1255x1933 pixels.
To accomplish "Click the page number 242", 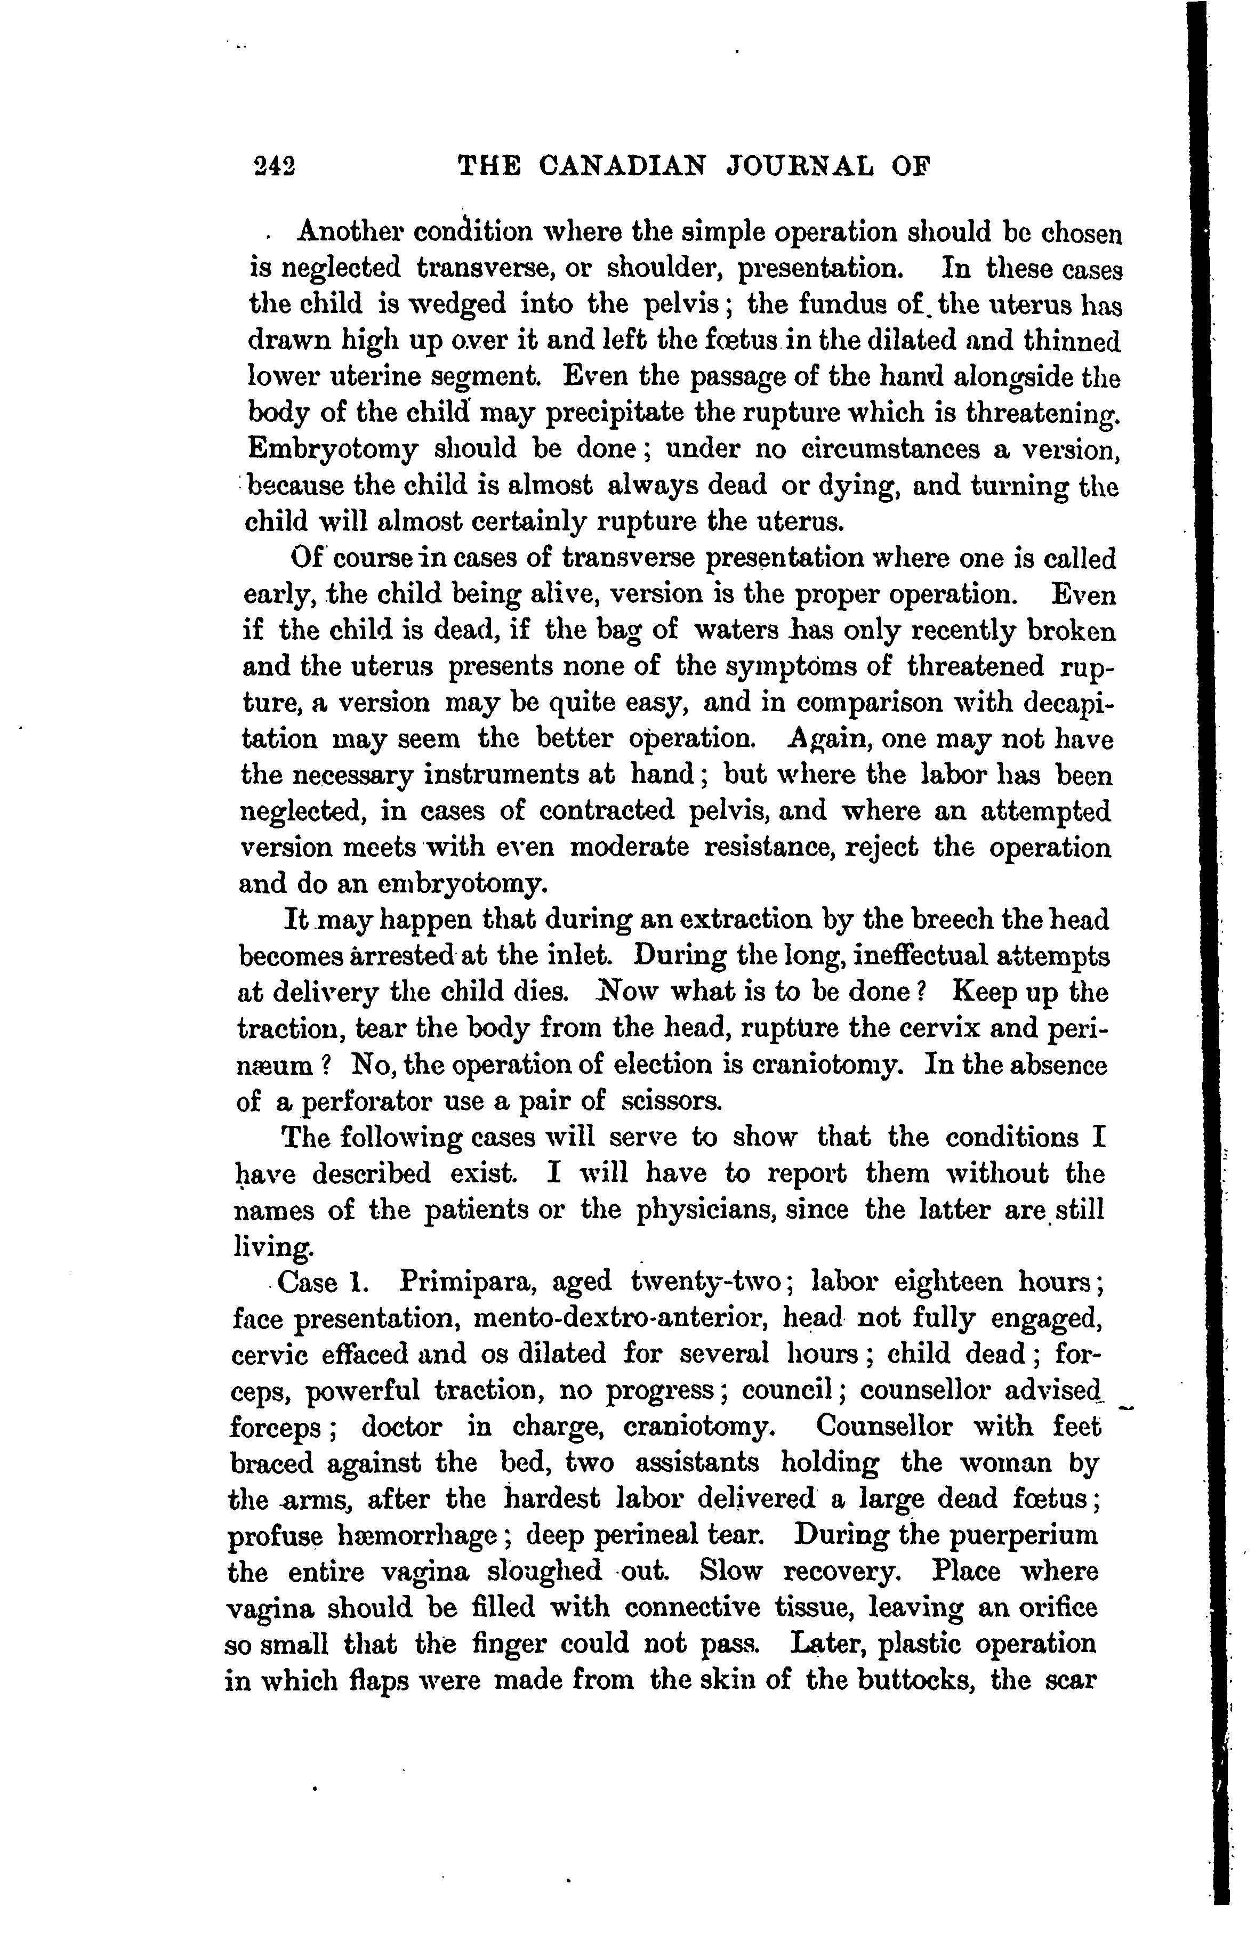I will click(x=273, y=167).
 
